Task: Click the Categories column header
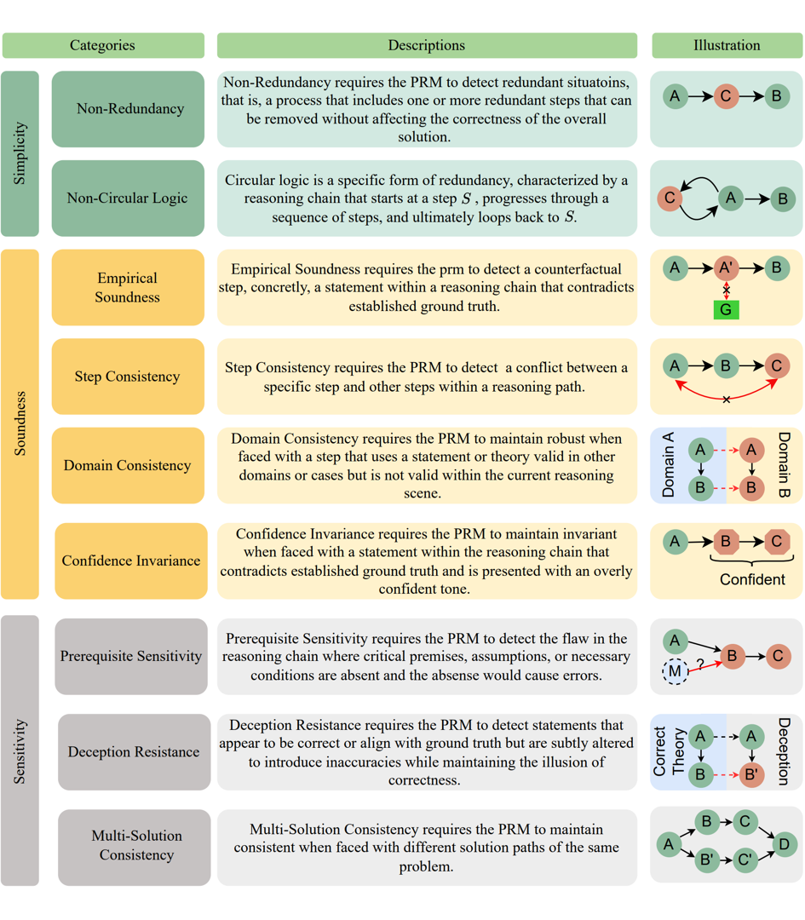pos(103,45)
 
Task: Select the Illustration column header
pos(727,45)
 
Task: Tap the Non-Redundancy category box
pos(128,109)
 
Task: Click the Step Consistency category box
pos(128,377)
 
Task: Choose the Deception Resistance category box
pos(135,751)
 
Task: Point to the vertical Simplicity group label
pos(20,153)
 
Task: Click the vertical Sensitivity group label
pos(20,751)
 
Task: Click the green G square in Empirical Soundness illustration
pos(726,309)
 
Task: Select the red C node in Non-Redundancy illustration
pos(726,95)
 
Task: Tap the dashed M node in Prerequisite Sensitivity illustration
pos(675,670)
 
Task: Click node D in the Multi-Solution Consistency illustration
pos(784,844)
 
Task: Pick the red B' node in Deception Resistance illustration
pos(751,774)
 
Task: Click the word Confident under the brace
pos(752,580)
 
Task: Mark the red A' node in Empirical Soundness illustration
pos(726,268)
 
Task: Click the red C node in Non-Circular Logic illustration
pos(670,198)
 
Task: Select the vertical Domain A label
pos(669,465)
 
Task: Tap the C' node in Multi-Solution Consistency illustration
pos(745,860)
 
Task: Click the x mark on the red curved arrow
pos(727,400)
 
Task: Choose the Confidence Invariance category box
pos(131,561)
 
